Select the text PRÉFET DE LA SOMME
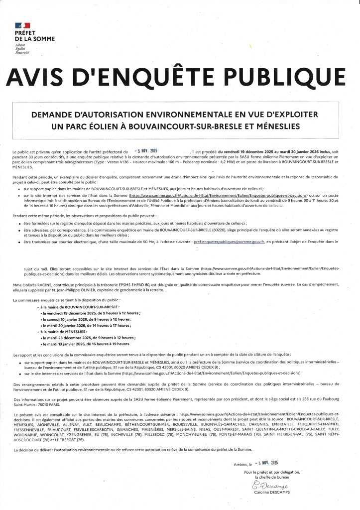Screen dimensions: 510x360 pos(35,36)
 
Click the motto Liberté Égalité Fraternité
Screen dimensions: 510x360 pos(22,48)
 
